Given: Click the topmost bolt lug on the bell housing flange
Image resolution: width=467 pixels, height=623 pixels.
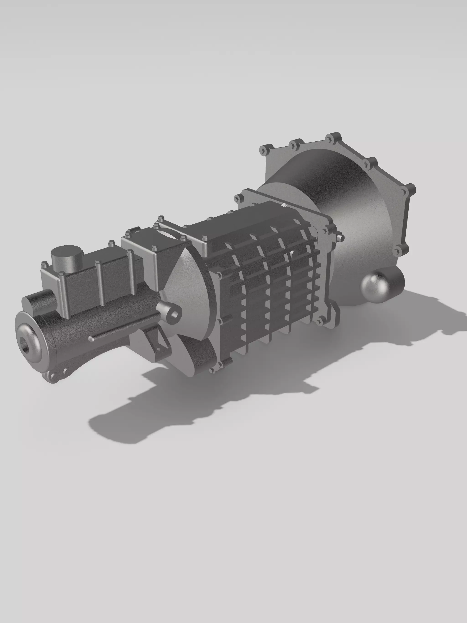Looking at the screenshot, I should (335, 138).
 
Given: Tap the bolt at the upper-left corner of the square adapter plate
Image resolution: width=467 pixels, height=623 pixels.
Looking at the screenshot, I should (238, 198).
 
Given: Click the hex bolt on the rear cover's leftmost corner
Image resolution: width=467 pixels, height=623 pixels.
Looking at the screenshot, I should (44, 265).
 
